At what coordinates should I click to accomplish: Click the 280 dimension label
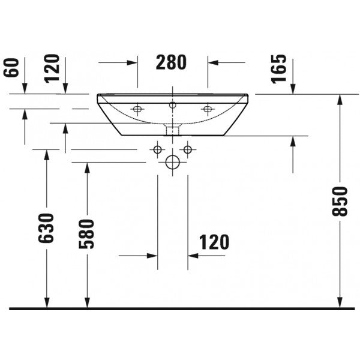(x=171, y=62)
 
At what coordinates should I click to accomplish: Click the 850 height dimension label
(x=340, y=202)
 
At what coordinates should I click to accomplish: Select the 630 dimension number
(x=46, y=228)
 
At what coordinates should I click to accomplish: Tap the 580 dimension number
(x=86, y=234)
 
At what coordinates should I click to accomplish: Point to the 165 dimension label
(x=279, y=69)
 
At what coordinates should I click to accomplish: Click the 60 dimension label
(x=11, y=67)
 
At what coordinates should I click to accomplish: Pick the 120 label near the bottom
(x=214, y=242)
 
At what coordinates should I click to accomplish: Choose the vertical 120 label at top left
(x=52, y=68)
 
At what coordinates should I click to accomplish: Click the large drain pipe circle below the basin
(x=172, y=163)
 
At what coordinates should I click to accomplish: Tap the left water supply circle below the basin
(x=157, y=149)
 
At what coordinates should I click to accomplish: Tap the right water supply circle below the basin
(x=188, y=149)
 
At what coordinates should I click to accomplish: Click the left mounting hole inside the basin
(x=137, y=109)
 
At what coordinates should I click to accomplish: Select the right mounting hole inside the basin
(x=208, y=109)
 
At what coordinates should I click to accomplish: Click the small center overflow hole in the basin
(x=172, y=105)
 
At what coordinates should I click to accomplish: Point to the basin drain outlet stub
(x=172, y=130)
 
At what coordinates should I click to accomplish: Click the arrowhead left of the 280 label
(x=133, y=62)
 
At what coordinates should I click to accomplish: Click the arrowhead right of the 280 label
(x=213, y=62)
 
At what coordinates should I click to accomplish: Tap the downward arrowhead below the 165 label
(x=293, y=89)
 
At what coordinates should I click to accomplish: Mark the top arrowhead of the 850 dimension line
(x=340, y=100)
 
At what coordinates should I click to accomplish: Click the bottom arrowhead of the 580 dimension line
(x=87, y=303)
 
